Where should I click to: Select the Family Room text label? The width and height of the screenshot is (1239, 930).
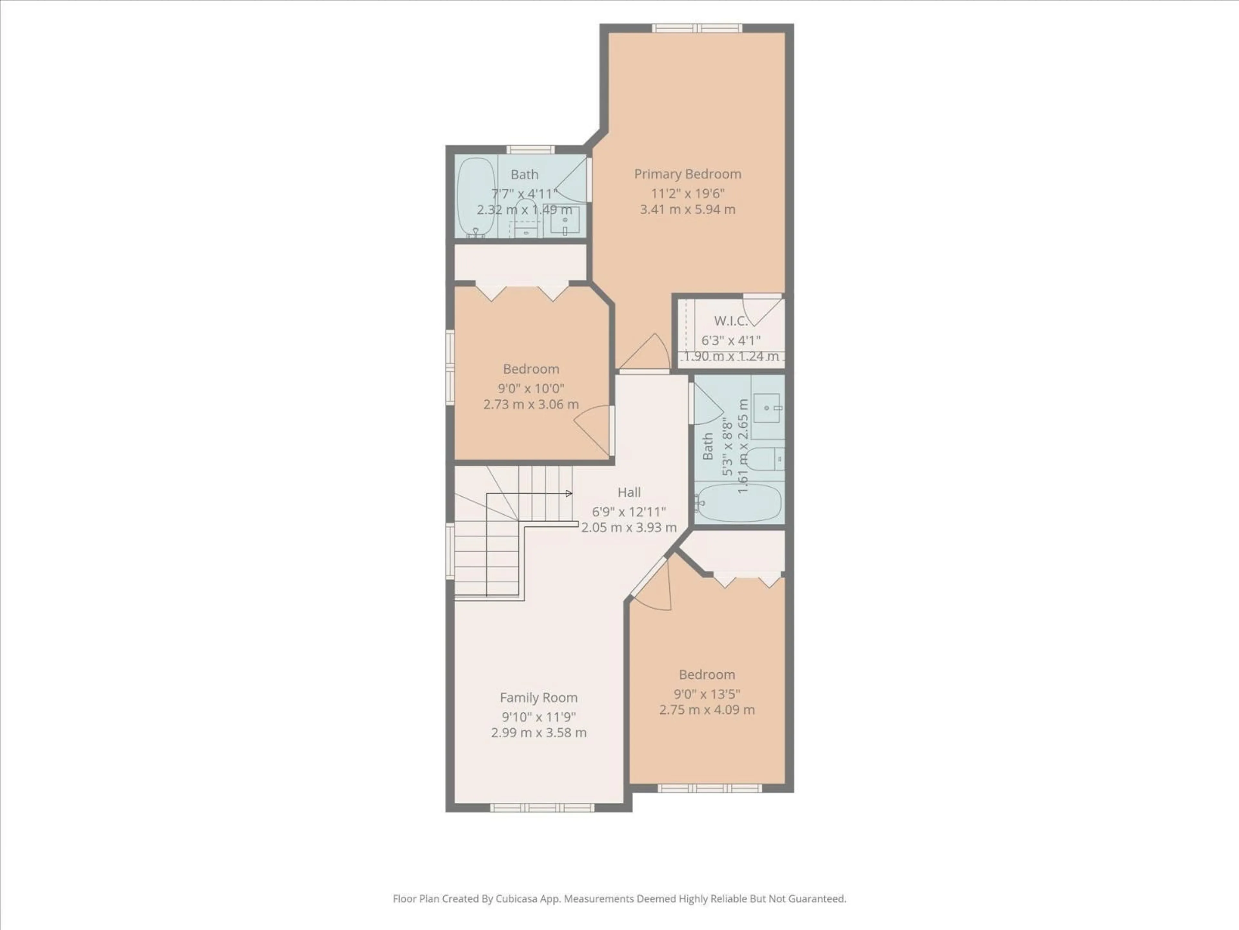[538, 698]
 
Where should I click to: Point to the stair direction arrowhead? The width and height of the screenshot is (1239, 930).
[569, 493]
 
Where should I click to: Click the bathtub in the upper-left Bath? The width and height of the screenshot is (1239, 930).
[476, 196]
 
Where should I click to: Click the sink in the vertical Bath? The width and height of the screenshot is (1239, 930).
[767, 408]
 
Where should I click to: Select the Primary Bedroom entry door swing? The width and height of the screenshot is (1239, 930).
[647, 353]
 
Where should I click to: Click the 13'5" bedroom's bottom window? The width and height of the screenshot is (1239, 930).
[709, 788]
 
